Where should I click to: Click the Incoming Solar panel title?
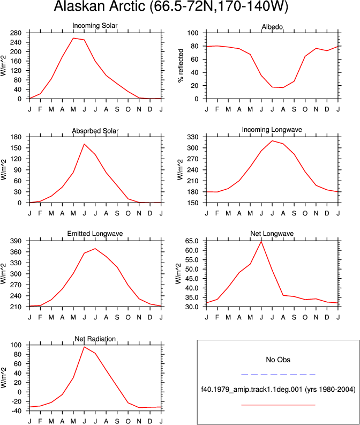point(95,26)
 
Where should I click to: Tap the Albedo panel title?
point(272,27)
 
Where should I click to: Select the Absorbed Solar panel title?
point(95,131)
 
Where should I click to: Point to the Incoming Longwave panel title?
point(272,130)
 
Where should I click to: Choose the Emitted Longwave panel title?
point(95,234)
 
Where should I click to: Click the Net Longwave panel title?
point(272,234)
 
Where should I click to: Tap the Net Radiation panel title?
point(95,339)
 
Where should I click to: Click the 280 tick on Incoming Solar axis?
point(16,33)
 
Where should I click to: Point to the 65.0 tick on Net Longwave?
point(192,241)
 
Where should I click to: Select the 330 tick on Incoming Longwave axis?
point(193,137)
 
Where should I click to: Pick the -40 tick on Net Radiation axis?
point(16,411)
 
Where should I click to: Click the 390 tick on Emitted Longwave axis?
point(16,241)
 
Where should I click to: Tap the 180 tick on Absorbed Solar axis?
point(16,137)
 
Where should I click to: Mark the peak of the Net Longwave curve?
point(261,241)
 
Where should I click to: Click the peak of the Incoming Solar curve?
point(73,38)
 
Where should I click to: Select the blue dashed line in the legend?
point(278,375)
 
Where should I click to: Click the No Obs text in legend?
point(278,360)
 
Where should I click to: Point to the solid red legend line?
point(278,405)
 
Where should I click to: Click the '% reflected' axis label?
point(181,65)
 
